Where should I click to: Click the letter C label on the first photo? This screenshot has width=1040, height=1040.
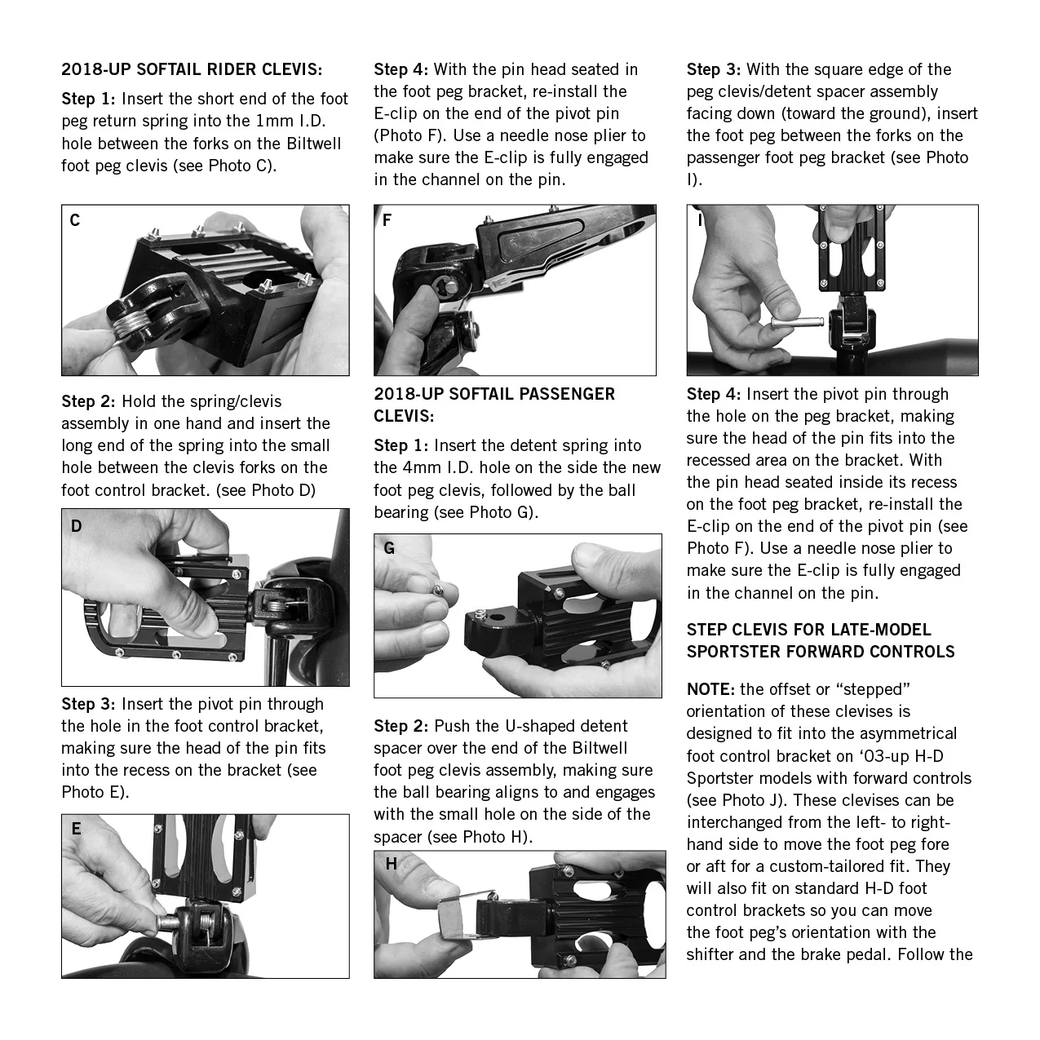[75, 220]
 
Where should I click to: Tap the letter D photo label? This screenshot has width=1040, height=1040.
[76, 526]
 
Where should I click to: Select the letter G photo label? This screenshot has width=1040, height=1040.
[389, 549]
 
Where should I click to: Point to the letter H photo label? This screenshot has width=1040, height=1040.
[392, 864]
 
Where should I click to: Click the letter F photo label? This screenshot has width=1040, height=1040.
[387, 220]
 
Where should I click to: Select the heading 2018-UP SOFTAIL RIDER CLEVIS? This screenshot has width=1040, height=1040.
[192, 69]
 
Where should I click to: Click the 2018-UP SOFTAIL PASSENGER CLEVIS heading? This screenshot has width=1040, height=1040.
[494, 405]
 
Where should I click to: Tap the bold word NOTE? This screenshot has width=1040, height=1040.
[710, 689]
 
